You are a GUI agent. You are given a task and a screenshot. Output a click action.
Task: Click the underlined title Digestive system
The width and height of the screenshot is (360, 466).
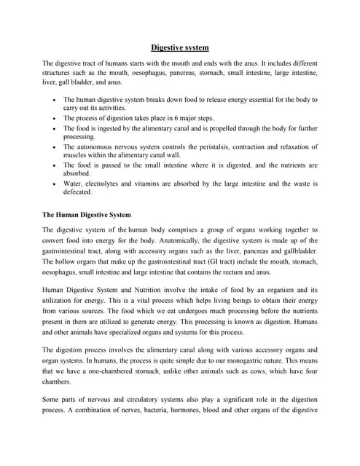[180, 48]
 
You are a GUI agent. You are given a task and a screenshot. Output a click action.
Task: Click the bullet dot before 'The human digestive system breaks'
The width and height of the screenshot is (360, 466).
[56, 99]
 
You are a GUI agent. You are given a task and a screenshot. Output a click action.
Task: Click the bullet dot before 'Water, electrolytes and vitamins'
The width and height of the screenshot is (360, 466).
[56, 184]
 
